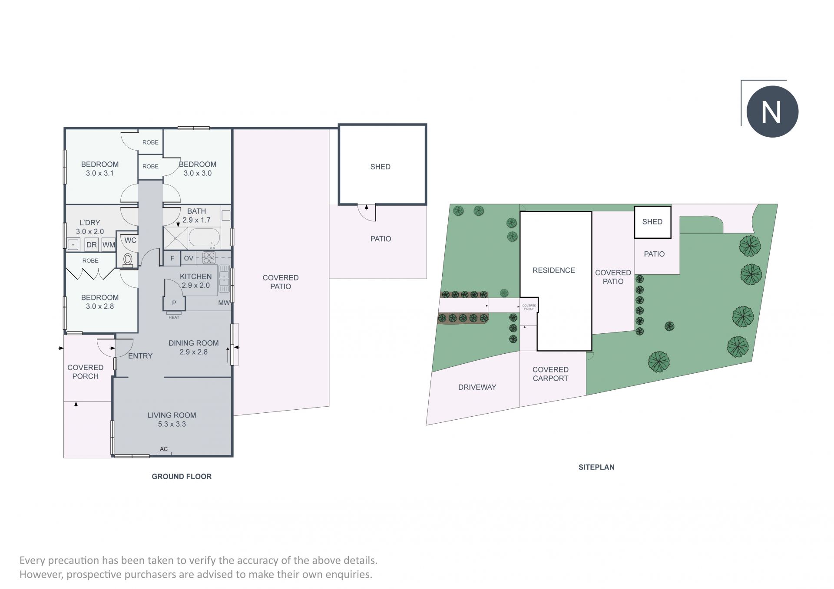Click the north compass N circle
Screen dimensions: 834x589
(x=772, y=112)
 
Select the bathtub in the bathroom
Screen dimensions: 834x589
(x=204, y=237)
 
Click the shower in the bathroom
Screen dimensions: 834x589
(x=176, y=238)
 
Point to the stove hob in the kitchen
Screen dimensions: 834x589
(x=209, y=257)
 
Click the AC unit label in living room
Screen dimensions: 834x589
(x=164, y=449)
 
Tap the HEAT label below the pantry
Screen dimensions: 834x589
(x=174, y=317)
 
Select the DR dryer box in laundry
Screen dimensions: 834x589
(x=91, y=244)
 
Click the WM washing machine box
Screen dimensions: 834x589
(x=109, y=244)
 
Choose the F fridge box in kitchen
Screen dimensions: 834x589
(x=172, y=258)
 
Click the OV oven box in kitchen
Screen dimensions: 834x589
(x=189, y=258)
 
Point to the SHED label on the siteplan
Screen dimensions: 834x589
(x=652, y=222)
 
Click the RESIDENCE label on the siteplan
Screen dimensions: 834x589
(x=553, y=270)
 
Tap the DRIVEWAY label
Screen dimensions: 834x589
(x=477, y=387)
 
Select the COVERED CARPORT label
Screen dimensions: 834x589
(x=550, y=374)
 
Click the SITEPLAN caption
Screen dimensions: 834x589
(x=596, y=467)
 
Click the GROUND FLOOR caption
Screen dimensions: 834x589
(x=182, y=477)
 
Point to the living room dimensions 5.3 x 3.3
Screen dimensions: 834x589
(x=172, y=424)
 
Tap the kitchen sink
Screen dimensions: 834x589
(x=224, y=279)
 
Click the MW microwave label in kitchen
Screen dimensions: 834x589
(x=224, y=303)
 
